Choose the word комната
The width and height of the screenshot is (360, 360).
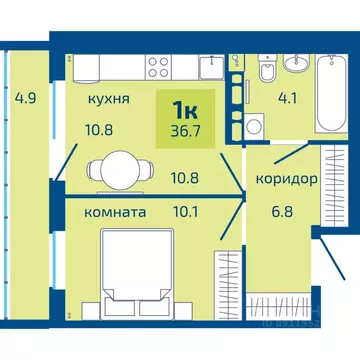[97, 212]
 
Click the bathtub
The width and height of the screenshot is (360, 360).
[330, 96]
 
